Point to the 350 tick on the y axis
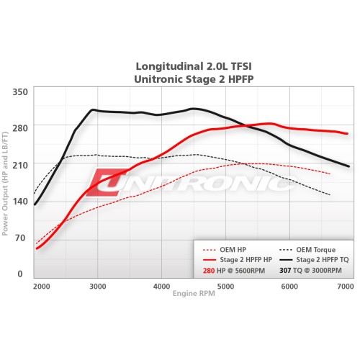19,92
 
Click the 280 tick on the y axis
19,128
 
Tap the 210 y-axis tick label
19,165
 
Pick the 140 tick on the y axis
19,202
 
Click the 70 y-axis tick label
21,238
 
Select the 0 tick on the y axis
21,274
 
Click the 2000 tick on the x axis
41,287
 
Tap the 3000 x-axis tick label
98,287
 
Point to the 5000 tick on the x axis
225,287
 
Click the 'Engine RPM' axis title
192,294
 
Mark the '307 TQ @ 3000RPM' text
310,271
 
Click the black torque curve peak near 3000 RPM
93,110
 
